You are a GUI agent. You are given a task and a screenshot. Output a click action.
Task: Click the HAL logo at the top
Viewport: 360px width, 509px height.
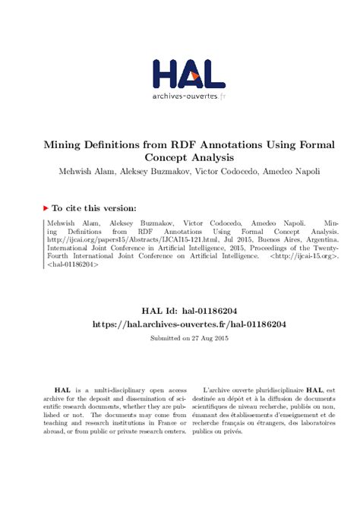188,73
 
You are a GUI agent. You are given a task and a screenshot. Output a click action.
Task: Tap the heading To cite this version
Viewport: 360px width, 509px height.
94,207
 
